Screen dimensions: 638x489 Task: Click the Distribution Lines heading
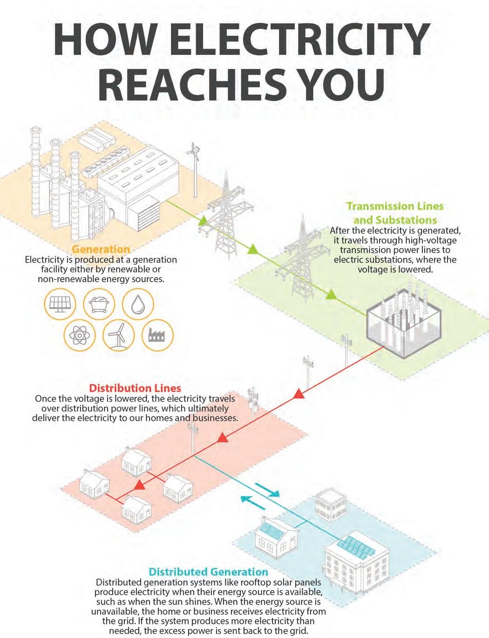[135, 388]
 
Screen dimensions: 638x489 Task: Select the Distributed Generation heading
[208, 571]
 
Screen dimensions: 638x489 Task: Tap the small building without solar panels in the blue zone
[329, 507]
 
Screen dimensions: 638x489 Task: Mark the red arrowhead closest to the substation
[299, 394]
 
